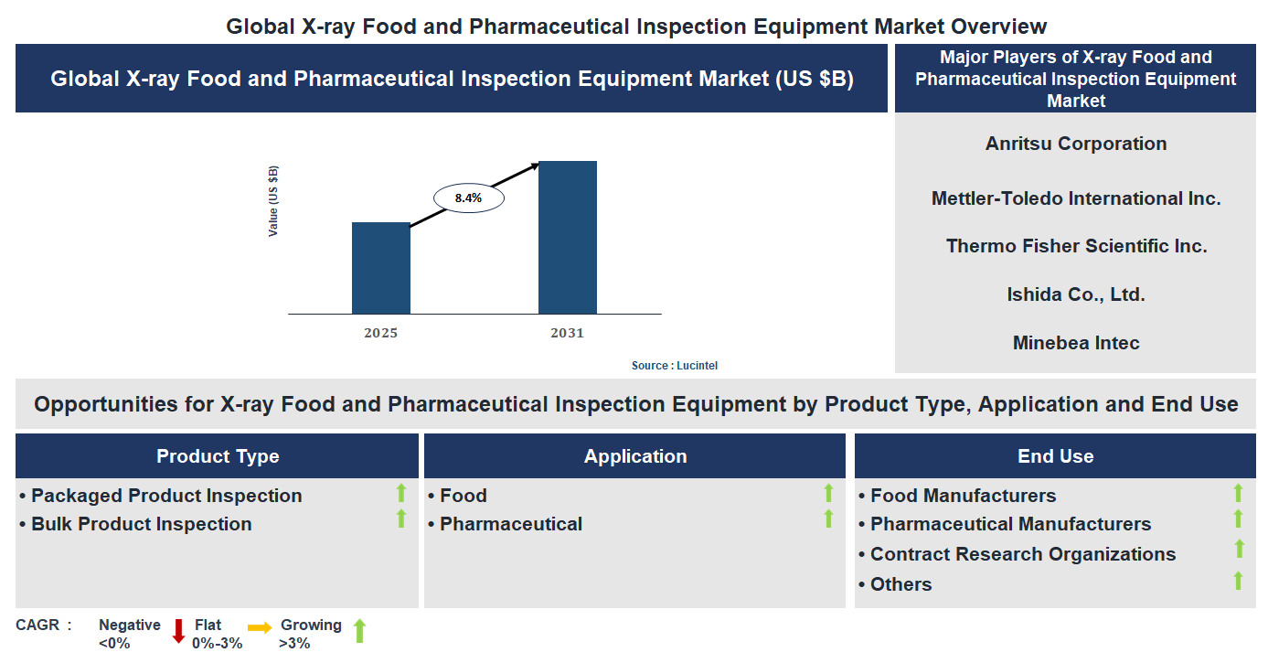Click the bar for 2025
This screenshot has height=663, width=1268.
[380, 268]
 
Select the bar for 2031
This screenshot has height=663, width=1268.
[567, 238]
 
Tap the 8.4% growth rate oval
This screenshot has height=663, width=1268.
[468, 198]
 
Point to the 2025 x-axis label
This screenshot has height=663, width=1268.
[380, 333]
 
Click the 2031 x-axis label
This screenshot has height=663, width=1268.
[567, 333]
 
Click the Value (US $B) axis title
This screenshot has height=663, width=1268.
[273, 201]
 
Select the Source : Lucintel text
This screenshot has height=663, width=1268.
[675, 366]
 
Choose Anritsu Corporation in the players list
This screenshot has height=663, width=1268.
[1076, 144]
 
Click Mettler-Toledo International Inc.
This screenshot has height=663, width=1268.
[1076, 198]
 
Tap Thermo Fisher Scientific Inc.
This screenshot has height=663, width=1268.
[1076, 246]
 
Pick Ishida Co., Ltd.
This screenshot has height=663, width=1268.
[1076, 294]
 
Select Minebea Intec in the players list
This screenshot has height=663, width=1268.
[1076, 343]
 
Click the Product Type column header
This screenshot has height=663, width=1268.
[218, 456]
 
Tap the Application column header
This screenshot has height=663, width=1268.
[635, 456]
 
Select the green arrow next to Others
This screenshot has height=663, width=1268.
[1239, 581]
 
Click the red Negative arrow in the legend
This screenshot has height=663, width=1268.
[178, 631]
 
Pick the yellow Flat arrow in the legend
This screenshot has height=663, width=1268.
[260, 628]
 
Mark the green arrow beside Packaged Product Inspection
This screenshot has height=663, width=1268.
[400, 494]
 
